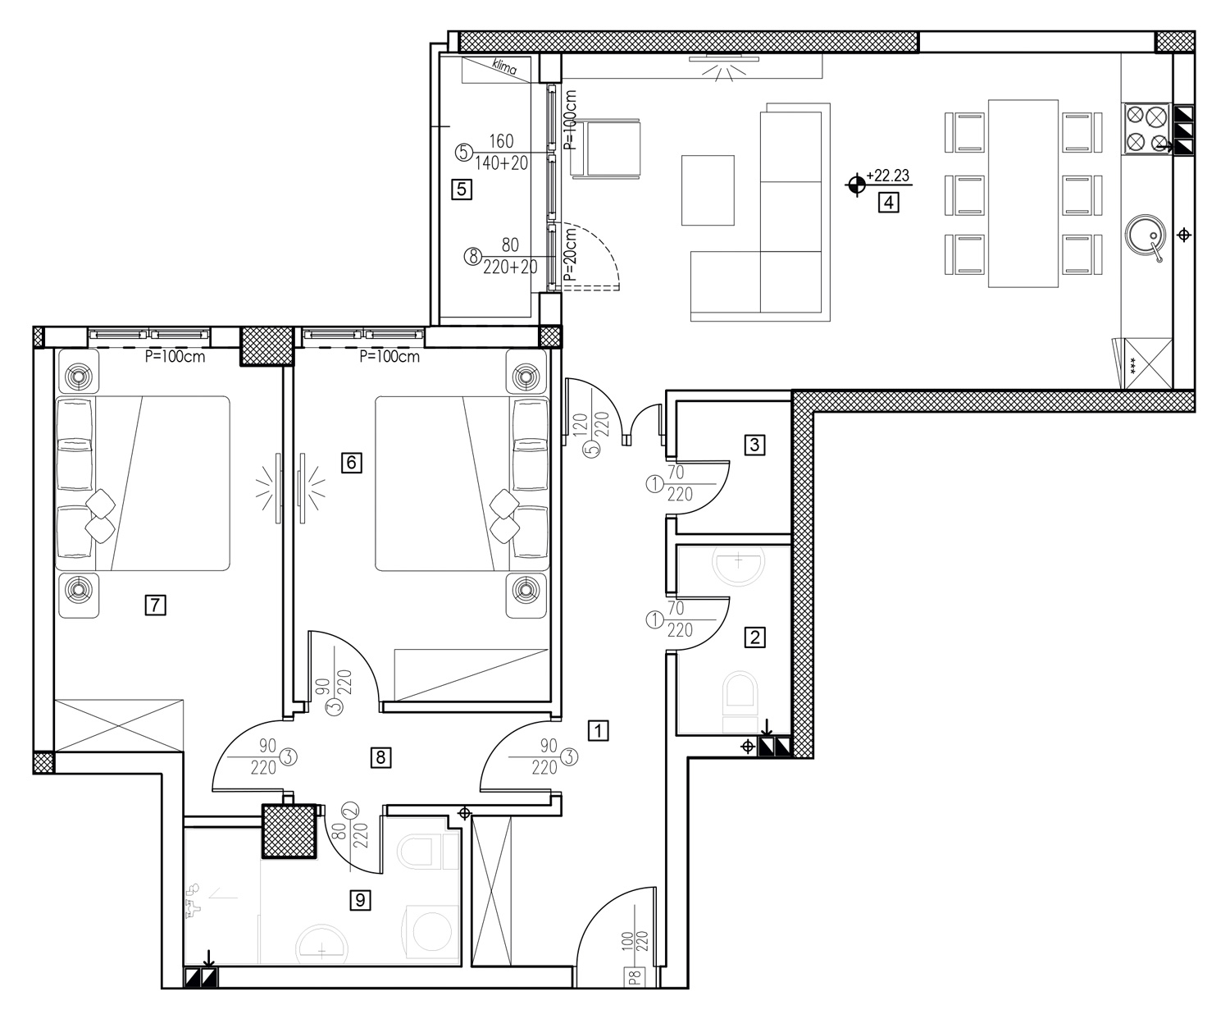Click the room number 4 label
(888, 203)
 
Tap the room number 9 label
(360, 900)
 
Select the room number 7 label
(156, 605)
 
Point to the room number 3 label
(754, 445)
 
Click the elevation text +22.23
(888, 176)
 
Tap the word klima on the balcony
(503, 66)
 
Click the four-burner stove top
(1147, 130)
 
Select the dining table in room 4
(1023, 194)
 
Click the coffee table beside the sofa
(708, 190)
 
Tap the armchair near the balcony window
(607, 148)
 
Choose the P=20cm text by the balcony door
(570, 254)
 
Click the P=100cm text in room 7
(175, 357)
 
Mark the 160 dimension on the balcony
(501, 141)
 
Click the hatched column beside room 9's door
(289, 832)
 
